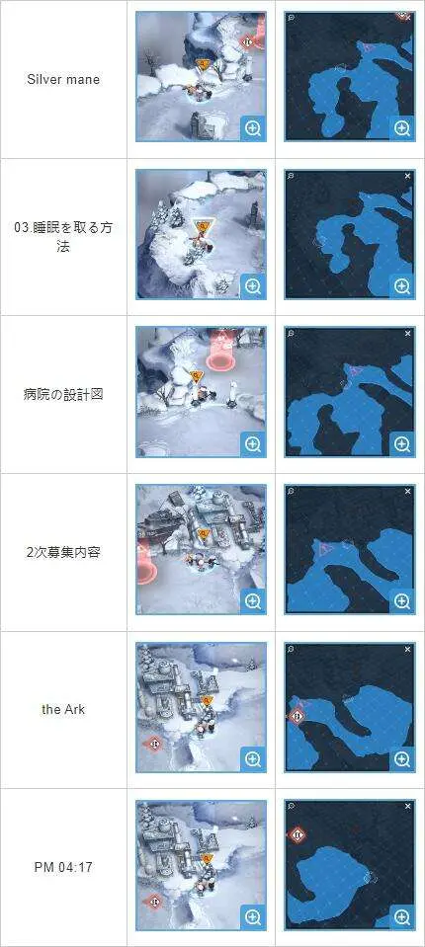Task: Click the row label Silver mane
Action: tap(63, 79)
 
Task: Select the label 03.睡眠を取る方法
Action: tap(63, 237)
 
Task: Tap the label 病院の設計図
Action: tap(63, 394)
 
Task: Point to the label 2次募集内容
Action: tap(63, 552)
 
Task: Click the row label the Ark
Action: tap(63, 710)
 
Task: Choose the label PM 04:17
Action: tap(63, 867)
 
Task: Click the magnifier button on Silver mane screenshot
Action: tap(253, 128)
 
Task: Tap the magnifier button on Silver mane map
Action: tap(402, 128)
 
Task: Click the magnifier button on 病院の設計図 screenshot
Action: tap(253, 444)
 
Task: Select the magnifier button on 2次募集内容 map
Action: tap(402, 601)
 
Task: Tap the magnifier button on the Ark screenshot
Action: tap(253, 759)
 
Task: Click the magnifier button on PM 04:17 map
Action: tap(402, 917)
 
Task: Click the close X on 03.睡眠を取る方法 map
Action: tap(407, 176)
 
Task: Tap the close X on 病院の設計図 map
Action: tap(407, 334)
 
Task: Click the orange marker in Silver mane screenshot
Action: tap(204, 64)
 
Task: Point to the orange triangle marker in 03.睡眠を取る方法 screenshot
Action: tap(204, 227)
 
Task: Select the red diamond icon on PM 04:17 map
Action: tap(297, 835)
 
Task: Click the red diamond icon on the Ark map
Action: tap(296, 716)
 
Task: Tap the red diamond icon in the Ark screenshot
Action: tap(153, 744)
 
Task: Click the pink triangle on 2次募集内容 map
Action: tap(325, 548)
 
